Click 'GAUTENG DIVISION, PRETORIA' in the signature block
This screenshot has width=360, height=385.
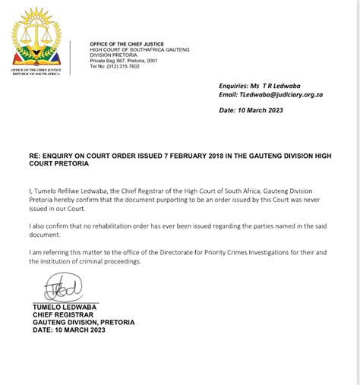click(x=84, y=321)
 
